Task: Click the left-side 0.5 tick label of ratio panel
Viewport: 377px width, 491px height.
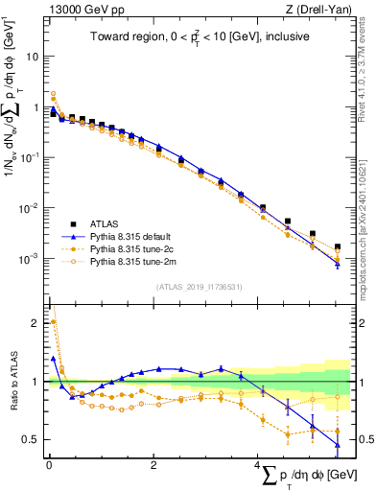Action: point(33,440)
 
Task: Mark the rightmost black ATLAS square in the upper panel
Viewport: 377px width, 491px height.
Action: point(337,247)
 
